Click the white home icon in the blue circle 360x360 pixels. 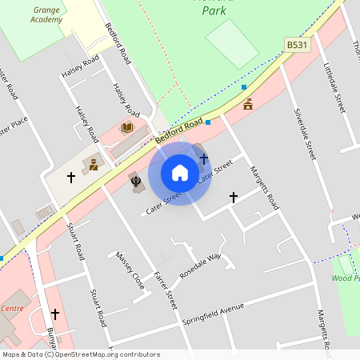point(180,173)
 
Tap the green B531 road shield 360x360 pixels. point(297,45)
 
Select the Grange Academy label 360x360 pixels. point(47,14)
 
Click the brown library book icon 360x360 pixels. point(126,127)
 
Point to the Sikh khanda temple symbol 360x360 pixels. point(135,182)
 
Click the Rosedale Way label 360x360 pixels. point(199,266)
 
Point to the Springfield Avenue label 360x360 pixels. point(214,308)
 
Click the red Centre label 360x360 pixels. point(12,308)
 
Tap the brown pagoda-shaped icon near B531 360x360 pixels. point(248,104)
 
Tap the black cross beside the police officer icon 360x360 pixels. point(70,177)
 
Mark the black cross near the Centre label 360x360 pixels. point(54,314)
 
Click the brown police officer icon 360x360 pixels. point(94,165)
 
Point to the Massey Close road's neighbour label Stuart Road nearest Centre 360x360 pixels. point(98,307)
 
